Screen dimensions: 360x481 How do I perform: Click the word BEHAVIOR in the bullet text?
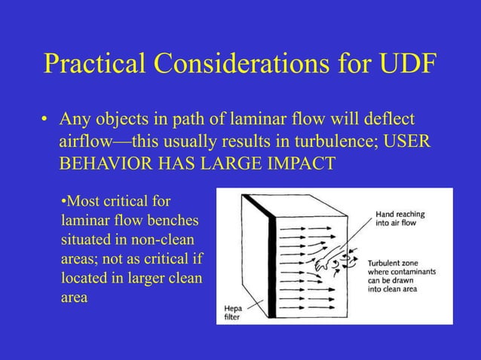[x=103, y=164]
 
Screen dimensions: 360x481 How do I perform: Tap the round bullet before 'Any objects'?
[x=46, y=121]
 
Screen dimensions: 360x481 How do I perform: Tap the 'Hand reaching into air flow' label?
[x=400, y=219]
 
